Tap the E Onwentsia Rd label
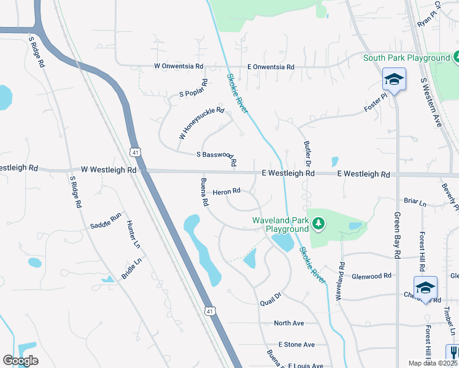click(x=271, y=67)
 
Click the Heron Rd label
click(x=226, y=193)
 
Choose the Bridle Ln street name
click(x=131, y=269)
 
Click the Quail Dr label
click(x=270, y=299)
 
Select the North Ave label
click(x=289, y=323)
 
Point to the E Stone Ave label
click(x=296, y=345)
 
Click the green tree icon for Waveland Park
click(x=318, y=223)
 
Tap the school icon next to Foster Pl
click(x=393, y=79)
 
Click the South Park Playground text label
click(x=406, y=58)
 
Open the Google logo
click(x=21, y=360)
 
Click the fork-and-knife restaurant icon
click(x=453, y=352)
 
